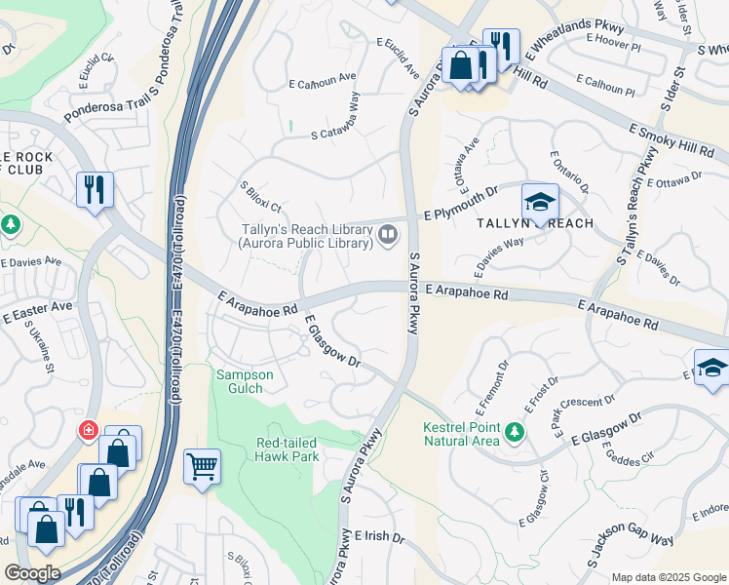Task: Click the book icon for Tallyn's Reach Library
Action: [x=388, y=234]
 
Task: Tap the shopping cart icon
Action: [x=202, y=466]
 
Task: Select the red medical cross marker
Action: [x=89, y=430]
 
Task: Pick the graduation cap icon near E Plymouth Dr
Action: [x=540, y=202]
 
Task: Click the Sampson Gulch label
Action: [x=245, y=381]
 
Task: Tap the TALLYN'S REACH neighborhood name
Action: [x=535, y=223]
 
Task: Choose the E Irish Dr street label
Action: [x=379, y=536]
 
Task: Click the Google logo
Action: [x=32, y=573]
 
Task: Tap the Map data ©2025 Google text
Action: [x=669, y=577]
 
